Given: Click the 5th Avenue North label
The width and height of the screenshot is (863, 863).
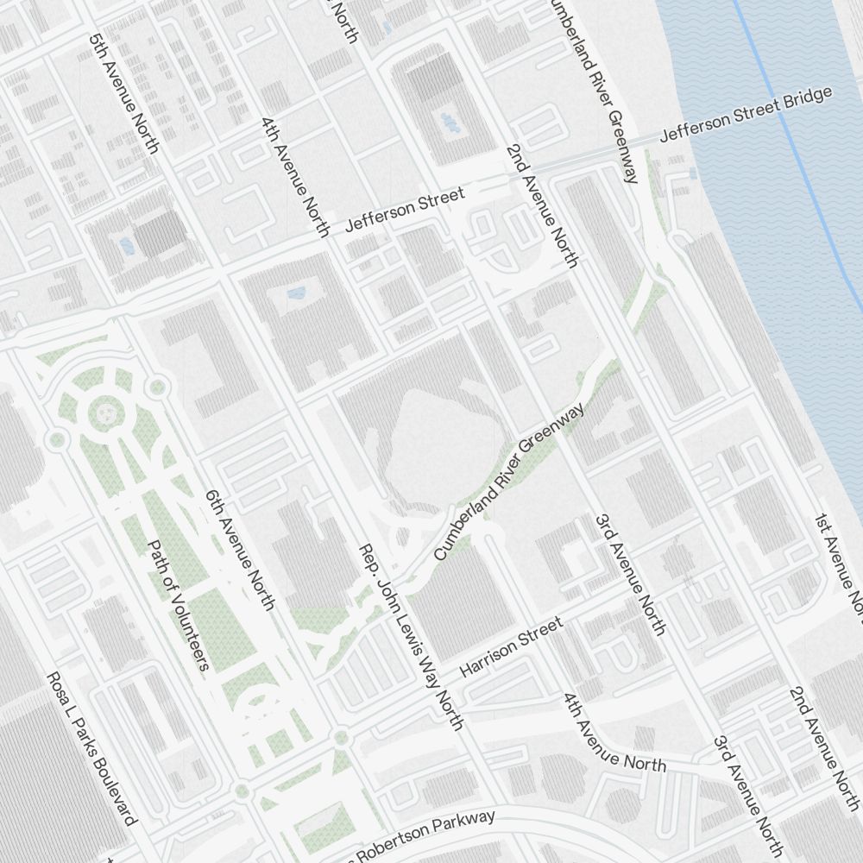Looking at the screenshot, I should [x=123, y=94].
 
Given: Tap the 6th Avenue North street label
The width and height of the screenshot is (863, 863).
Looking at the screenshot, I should [x=239, y=551].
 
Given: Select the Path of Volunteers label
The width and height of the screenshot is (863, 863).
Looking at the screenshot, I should [x=179, y=605].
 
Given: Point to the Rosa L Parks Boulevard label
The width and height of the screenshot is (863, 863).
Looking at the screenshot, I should [x=91, y=748].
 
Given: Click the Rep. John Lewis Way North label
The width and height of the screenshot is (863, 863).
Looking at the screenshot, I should [x=412, y=636].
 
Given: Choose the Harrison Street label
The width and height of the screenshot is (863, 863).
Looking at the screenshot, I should [x=512, y=646].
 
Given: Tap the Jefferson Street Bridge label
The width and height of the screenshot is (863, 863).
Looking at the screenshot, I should [x=746, y=114].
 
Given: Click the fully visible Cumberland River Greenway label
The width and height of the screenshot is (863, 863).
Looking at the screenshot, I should [x=509, y=482].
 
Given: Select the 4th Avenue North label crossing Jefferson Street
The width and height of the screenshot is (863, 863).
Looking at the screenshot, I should [x=294, y=176].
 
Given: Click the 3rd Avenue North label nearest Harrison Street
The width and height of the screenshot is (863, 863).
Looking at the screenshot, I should [x=630, y=575].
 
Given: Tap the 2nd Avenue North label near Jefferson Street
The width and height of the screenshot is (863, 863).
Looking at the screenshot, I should [x=541, y=205].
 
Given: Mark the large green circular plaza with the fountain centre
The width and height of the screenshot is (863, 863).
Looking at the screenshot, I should [x=105, y=413].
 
